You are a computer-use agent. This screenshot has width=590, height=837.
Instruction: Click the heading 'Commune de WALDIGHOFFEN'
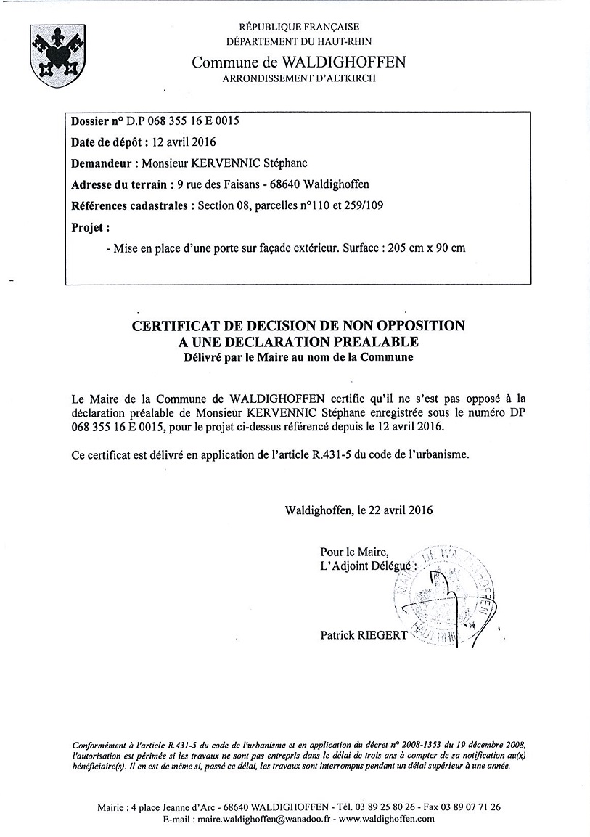tap(298, 62)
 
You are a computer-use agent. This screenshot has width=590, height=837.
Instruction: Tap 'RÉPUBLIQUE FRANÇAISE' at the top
tap(299, 27)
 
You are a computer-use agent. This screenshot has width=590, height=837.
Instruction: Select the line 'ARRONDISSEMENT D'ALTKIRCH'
tap(299, 78)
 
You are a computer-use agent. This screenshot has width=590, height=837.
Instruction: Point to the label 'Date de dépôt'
tap(109, 142)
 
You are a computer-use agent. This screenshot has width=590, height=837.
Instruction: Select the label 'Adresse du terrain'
tap(120, 184)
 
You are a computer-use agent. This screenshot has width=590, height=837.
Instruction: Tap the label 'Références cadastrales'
tap(131, 205)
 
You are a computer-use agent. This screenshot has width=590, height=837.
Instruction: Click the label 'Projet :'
tap(91, 226)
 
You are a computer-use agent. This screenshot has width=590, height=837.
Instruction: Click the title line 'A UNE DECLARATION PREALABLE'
tap(298, 340)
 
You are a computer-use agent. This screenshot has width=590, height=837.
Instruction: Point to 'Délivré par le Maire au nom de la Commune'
tap(298, 357)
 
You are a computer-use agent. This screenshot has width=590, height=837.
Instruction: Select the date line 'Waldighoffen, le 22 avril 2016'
tap(359, 510)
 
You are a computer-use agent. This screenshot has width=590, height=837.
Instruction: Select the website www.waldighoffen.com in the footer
tap(387, 818)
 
